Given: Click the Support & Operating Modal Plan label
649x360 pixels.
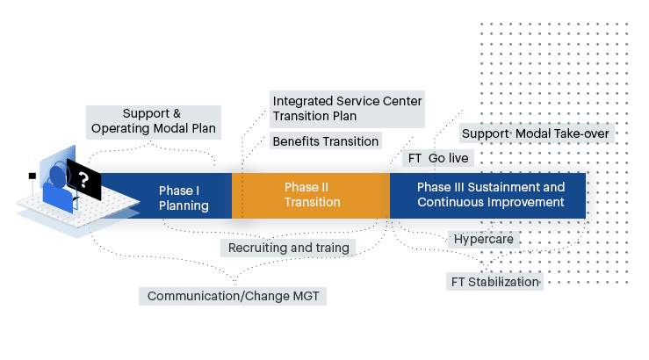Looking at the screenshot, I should pos(152,120).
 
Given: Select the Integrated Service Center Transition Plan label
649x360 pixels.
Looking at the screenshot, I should pos(347,109).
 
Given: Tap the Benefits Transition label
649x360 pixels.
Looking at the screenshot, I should pos(325,141).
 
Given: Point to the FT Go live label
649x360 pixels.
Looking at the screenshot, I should pos(440,159).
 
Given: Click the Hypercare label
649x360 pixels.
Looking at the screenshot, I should pos(483,239).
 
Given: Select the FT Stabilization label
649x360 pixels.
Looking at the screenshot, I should pos(494,282).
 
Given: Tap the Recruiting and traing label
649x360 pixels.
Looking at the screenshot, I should pos(289,248).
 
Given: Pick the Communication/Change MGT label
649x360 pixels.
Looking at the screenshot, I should pos(234,296).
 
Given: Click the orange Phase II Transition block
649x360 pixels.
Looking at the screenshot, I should pos(312,194).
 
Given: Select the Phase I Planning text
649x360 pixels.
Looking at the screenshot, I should pos(183,198).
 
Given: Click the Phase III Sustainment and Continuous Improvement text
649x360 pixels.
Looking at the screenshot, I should pos(490,194).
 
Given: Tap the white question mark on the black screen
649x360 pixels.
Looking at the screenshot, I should pos(83,182).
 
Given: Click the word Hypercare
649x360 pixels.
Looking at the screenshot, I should pos(483,239).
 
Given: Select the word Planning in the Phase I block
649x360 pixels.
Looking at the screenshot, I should pos(183,206).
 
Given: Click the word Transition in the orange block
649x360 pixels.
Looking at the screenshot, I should pos(312,202).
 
